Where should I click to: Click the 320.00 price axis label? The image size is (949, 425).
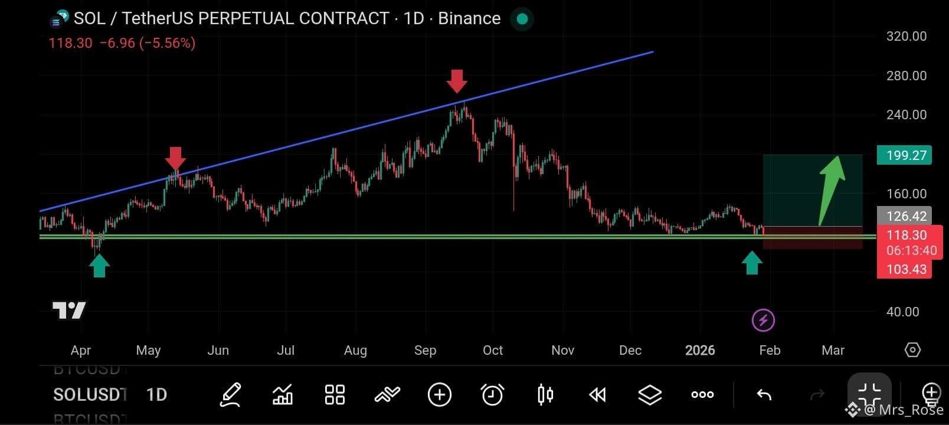coord(906,36)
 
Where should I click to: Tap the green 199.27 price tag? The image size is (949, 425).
coord(904,155)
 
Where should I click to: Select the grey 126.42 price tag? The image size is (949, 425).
coord(904,216)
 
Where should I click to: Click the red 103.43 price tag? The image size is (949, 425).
coord(904,269)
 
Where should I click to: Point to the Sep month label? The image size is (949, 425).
coord(425,350)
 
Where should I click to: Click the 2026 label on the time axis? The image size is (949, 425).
coord(700,350)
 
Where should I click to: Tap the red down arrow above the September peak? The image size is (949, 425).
coord(457,81)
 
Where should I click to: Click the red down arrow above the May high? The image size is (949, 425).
coord(175,158)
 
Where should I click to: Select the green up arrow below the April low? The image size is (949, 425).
coord(99,266)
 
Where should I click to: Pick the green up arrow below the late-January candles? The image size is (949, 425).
coord(752,263)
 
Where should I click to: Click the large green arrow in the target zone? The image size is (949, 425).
coord(832,189)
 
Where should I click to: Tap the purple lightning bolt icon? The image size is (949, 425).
coord(763,320)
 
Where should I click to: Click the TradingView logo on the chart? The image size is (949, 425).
coord(69,310)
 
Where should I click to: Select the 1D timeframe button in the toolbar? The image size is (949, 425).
coord(156,394)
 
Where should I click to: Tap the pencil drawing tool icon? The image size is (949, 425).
coord(230,394)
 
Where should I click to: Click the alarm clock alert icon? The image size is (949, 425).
coord(492,394)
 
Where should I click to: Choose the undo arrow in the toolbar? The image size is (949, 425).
coord(764,394)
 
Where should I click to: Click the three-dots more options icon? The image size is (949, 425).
coord(702,394)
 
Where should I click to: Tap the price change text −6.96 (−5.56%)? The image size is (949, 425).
coord(148,43)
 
